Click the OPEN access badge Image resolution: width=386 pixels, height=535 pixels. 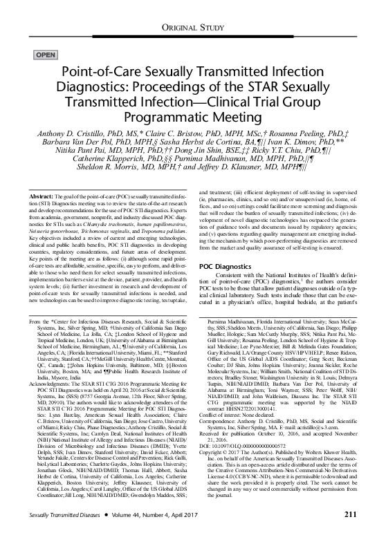[x=45, y=53]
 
